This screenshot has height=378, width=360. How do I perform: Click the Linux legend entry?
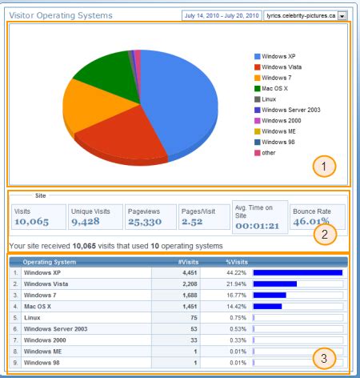[x=271, y=99]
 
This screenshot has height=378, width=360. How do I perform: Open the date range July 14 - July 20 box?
[x=221, y=15]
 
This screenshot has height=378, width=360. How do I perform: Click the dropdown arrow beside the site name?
[x=342, y=15]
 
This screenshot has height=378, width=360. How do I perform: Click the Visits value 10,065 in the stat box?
[x=31, y=221]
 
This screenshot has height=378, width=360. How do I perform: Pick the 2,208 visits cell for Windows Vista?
[x=197, y=283]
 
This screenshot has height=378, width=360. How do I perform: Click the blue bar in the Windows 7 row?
[x=270, y=294]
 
